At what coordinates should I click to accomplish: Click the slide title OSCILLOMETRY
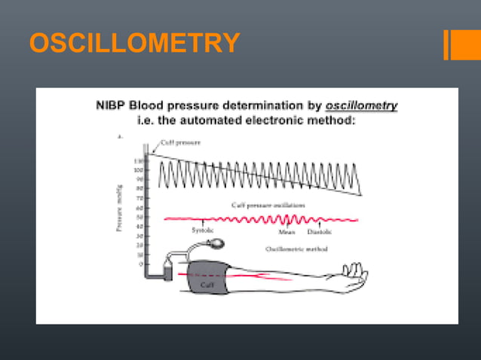pos(135,43)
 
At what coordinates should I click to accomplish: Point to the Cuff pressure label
pos(182,142)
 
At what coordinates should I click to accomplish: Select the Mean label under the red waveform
pos(286,231)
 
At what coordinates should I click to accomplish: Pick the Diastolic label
pos(320,231)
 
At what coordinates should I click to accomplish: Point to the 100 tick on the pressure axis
pos(137,170)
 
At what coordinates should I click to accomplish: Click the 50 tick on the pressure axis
pos(139,217)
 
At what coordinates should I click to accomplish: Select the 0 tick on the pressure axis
pos(141,264)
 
